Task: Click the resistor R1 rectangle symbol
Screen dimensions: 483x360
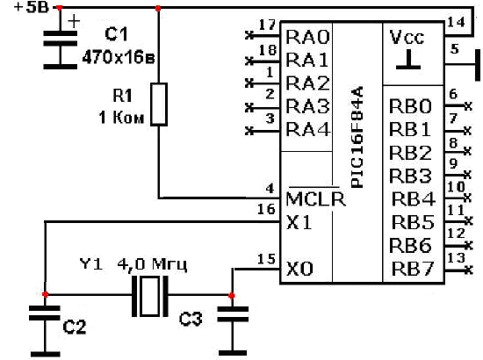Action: point(159,104)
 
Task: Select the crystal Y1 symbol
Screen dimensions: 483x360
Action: point(150,296)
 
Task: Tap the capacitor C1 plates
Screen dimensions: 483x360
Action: point(60,38)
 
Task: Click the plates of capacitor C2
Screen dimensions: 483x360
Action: point(45,313)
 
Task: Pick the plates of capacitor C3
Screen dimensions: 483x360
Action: point(233,313)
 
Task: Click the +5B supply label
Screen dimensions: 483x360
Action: point(32,7)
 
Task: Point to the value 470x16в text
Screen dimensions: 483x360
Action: point(119,57)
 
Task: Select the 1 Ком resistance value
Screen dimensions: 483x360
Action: point(121,118)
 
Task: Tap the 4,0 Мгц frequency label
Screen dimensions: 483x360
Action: point(152,264)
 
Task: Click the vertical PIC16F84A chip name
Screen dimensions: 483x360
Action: point(357,137)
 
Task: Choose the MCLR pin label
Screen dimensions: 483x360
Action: point(315,198)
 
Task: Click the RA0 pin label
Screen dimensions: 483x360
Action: point(307,37)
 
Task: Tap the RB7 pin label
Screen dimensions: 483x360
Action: point(413,269)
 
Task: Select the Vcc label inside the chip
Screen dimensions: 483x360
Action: point(407,37)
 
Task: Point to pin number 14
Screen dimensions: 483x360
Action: point(456,22)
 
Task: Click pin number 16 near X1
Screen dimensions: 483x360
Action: point(266,209)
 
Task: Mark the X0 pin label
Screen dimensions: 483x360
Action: point(299,269)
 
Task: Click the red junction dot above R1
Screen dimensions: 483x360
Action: point(158,8)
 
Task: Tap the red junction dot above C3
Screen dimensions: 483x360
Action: point(232,296)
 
